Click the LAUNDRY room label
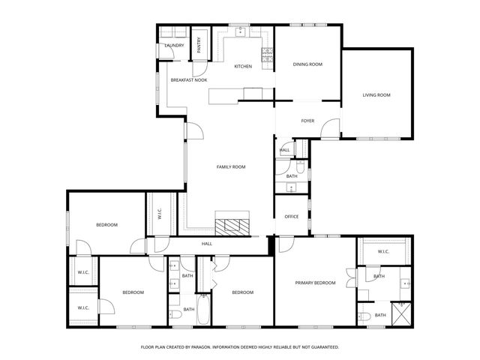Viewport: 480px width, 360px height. point(174,46)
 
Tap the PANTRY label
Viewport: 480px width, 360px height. point(199,44)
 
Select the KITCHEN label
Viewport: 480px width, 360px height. point(243,67)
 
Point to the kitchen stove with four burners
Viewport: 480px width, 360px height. point(266,53)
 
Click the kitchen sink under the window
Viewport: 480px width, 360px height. point(240,32)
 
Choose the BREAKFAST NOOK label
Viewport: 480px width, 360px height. point(189,79)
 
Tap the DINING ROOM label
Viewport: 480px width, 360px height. point(307,64)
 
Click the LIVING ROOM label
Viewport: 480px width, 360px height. point(376,95)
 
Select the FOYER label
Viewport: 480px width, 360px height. point(307,121)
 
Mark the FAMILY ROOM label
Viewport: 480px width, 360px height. point(231,166)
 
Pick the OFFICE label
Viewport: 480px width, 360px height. point(291,217)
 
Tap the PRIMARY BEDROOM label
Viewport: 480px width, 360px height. point(315,283)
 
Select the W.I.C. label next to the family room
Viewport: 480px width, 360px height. point(159,214)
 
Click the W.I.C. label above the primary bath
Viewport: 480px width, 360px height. point(382,251)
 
